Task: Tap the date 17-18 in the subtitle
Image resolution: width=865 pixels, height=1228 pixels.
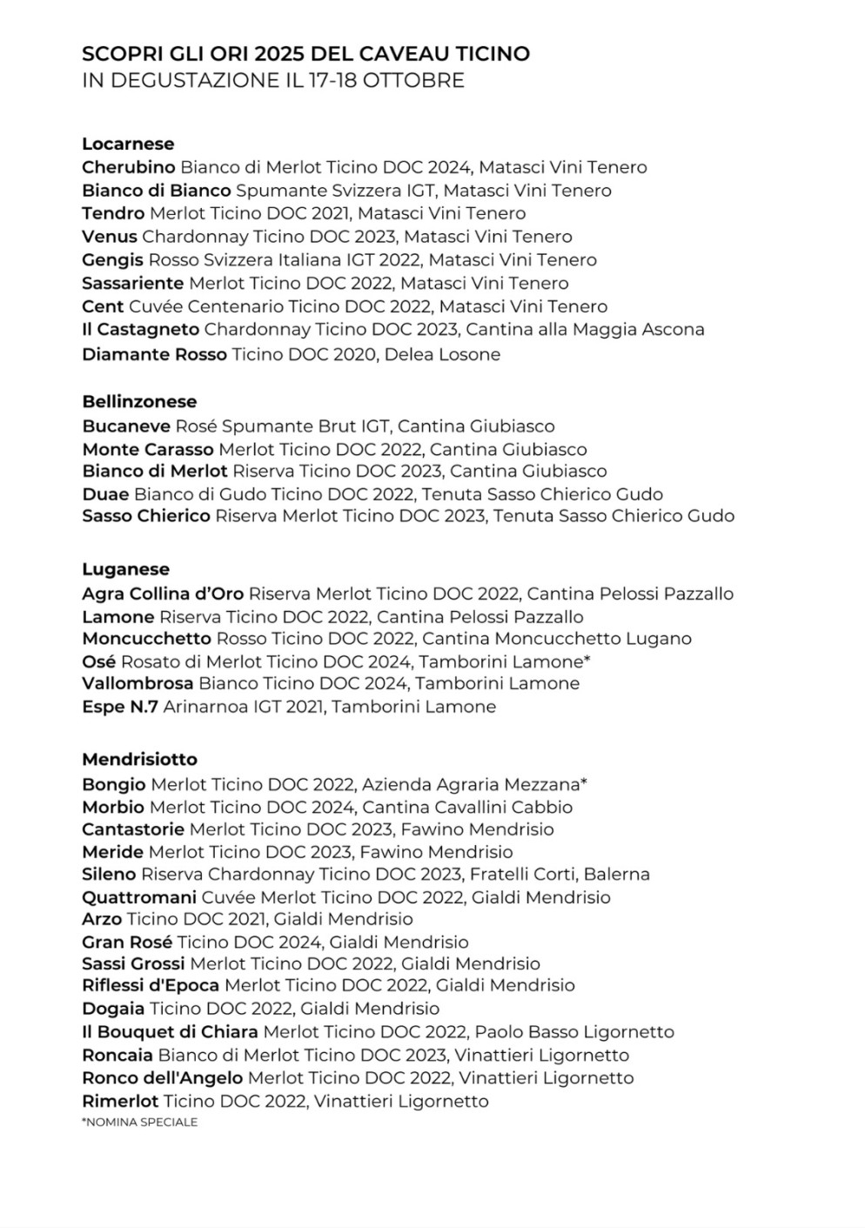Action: pos(325,81)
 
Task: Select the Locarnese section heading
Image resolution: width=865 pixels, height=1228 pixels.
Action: pos(128,144)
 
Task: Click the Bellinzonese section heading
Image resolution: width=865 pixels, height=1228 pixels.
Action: pos(139,401)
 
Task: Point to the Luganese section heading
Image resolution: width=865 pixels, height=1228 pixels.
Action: pos(125,569)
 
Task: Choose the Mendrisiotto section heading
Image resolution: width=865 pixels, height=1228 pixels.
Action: pos(139,759)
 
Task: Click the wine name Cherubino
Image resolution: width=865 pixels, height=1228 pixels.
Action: pos(129,167)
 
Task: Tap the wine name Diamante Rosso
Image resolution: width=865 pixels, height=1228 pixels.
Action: pos(154,354)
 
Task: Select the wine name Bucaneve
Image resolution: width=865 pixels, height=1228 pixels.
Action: pos(126,426)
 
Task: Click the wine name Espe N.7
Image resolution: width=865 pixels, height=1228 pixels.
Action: pos(120,707)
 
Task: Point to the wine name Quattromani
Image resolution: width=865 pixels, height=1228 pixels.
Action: pos(139,897)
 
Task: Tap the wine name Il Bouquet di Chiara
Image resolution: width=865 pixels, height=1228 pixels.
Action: pos(170,1032)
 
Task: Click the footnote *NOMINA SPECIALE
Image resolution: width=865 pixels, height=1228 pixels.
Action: pos(139,1123)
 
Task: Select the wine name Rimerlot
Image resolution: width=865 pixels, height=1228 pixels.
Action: pos(120,1101)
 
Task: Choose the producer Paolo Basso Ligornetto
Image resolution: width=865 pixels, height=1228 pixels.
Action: pos(574,1032)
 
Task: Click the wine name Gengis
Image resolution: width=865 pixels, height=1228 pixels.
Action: pos(112,260)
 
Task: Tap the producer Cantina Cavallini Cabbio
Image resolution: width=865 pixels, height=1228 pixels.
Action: pos(467,807)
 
